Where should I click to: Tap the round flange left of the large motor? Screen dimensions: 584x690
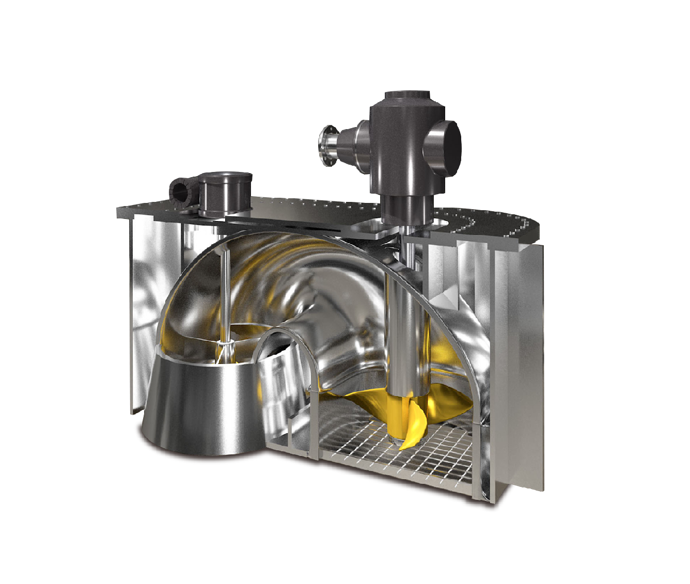pos(327,146)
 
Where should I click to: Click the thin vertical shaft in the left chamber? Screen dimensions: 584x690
pos(226,294)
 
